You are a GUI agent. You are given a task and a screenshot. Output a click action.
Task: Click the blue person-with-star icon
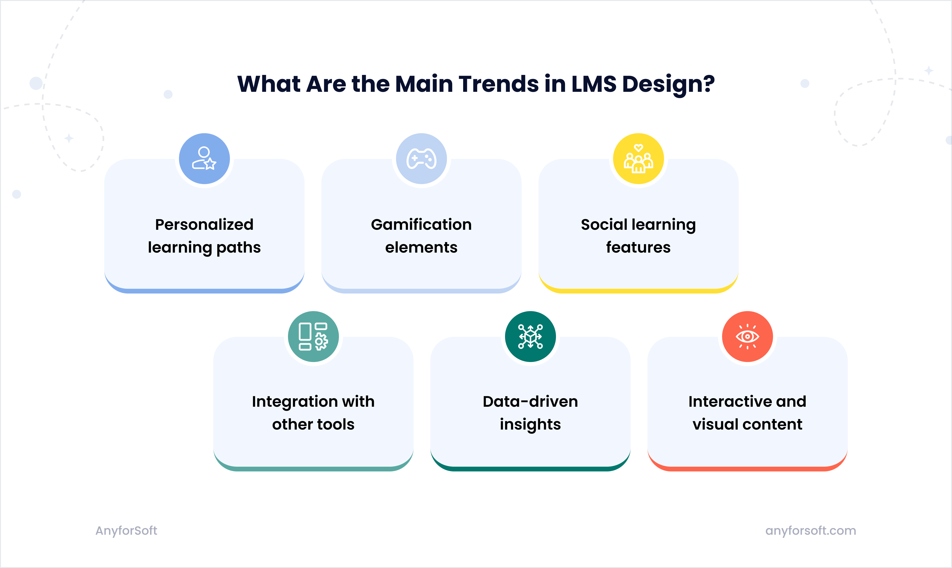[x=204, y=158]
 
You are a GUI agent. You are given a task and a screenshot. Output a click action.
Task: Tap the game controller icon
[x=421, y=158]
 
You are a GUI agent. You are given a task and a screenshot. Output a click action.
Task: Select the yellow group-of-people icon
[x=638, y=158]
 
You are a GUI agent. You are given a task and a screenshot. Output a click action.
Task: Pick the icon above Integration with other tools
[x=313, y=336]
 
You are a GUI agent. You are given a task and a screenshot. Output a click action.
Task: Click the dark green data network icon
[x=530, y=336]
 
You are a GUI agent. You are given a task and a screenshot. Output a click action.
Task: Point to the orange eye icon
[x=747, y=336]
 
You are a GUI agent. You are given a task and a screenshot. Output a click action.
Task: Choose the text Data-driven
[x=530, y=402]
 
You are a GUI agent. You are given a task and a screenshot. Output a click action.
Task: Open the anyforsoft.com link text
[x=810, y=530]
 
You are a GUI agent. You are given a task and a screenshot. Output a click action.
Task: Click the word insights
[x=530, y=425]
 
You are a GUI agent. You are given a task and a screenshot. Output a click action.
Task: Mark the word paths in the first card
[x=238, y=248]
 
